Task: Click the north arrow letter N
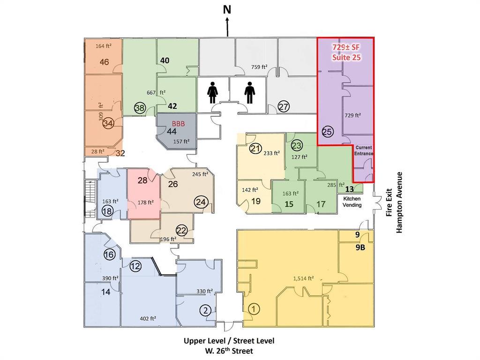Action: [227, 10]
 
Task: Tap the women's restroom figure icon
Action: [212, 94]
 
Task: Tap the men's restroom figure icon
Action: [250, 92]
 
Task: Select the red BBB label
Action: [179, 124]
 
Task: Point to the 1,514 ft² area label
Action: [304, 278]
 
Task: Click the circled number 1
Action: [253, 309]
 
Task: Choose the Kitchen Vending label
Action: [352, 202]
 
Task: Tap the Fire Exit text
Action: [389, 202]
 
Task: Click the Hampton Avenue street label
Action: [399, 202]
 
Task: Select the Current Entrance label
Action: [364, 150]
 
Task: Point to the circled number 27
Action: [284, 107]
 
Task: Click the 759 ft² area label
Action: [259, 67]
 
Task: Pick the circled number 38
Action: [140, 108]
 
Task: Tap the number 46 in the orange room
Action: [105, 62]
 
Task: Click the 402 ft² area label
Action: [148, 319]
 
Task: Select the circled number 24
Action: [201, 202]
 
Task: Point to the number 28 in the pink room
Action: [142, 180]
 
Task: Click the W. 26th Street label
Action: [229, 351]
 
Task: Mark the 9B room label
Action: [360, 247]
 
